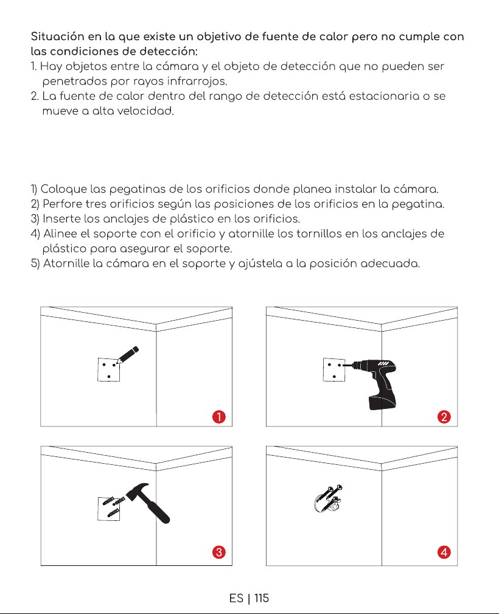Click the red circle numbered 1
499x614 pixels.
219,417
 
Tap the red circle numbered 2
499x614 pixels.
444,417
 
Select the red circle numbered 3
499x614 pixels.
219,552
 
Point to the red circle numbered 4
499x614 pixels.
444,552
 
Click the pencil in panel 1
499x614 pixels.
128,355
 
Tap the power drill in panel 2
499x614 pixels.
372,382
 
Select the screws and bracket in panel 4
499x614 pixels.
328,498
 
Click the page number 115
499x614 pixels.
261,598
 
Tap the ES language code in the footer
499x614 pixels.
236,598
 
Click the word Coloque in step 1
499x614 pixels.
64,189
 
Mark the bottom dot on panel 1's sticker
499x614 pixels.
108,377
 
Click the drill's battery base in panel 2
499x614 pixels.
382,403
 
